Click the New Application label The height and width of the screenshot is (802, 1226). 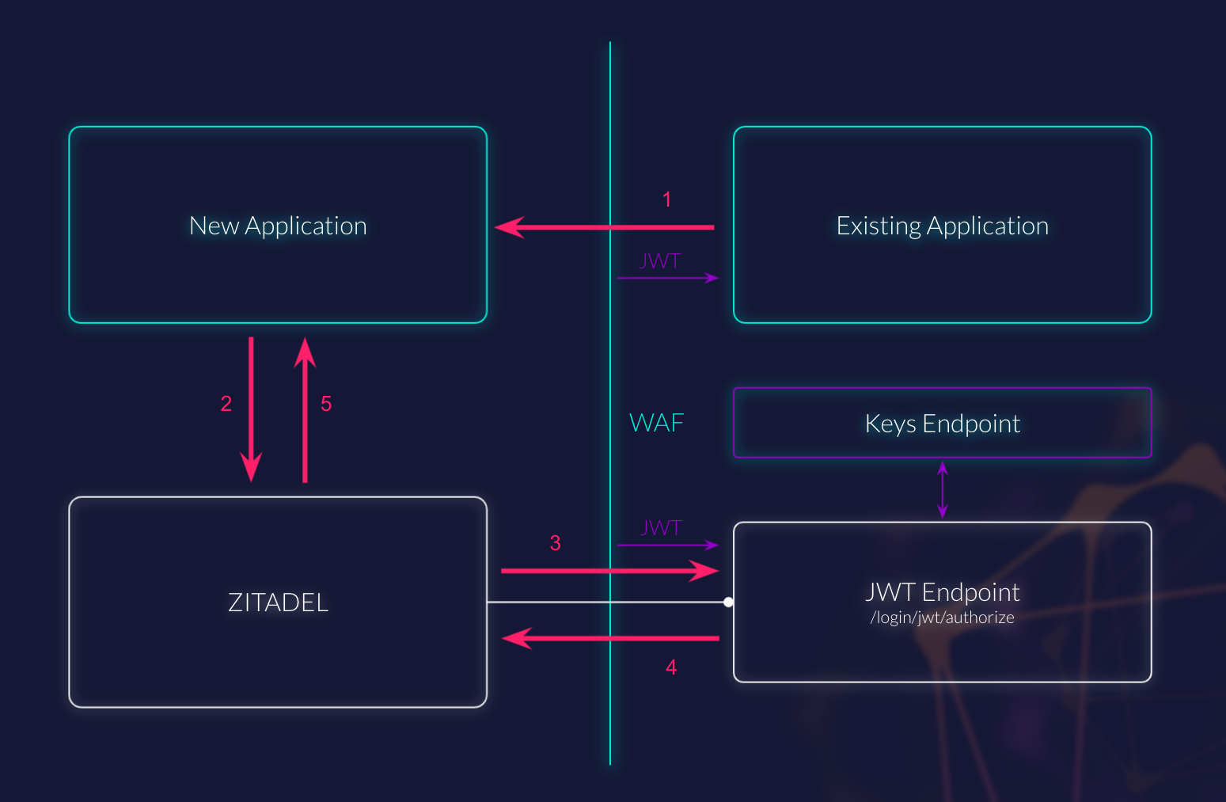pos(278,226)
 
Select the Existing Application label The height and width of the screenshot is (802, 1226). pos(942,226)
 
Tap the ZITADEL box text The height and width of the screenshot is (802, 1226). pos(278,602)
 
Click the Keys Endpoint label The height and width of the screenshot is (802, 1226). pos(942,424)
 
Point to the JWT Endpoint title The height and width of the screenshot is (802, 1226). pos(942,592)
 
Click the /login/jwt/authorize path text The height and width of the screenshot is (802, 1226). pos(942,618)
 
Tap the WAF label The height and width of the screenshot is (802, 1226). pos(656,423)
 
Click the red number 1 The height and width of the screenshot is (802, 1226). pos(666,200)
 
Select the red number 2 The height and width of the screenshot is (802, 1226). pos(226,404)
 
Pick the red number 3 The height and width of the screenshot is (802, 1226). pos(555,543)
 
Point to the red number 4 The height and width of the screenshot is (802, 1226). pos(671,667)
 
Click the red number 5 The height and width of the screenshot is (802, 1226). pos(326,404)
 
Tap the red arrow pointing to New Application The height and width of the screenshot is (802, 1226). pos(605,227)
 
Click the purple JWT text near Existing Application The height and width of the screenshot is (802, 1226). pos(660,261)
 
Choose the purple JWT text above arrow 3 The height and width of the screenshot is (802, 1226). pos(660,528)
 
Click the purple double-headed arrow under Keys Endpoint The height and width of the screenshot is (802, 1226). pos(942,490)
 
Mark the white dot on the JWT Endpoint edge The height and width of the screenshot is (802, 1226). pos(728,602)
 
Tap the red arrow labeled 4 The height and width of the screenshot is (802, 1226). pos(610,638)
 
